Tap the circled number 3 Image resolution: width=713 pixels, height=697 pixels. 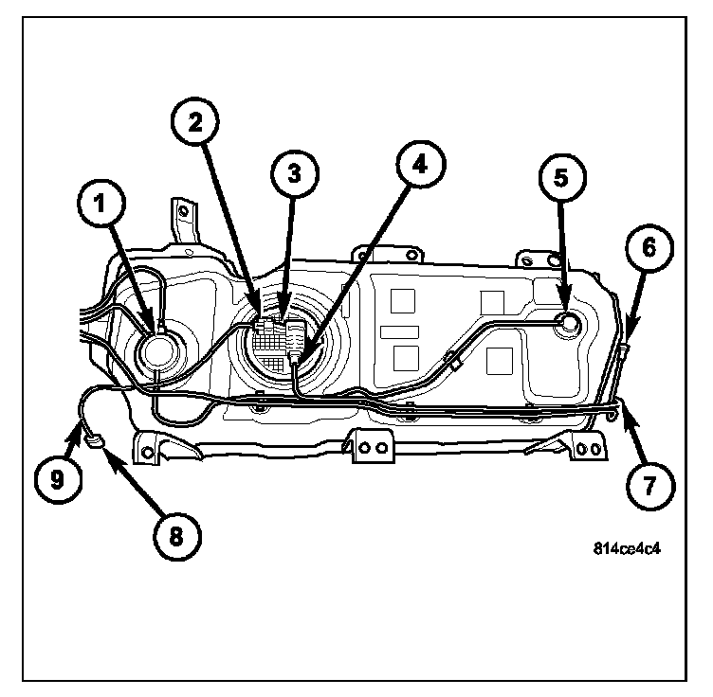tap(294, 173)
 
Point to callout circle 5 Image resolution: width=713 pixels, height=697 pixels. tap(560, 178)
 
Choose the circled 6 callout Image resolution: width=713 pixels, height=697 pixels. tap(649, 248)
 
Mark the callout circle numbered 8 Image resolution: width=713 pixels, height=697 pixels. tap(174, 534)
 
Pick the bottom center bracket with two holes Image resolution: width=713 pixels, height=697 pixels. tap(370, 446)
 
